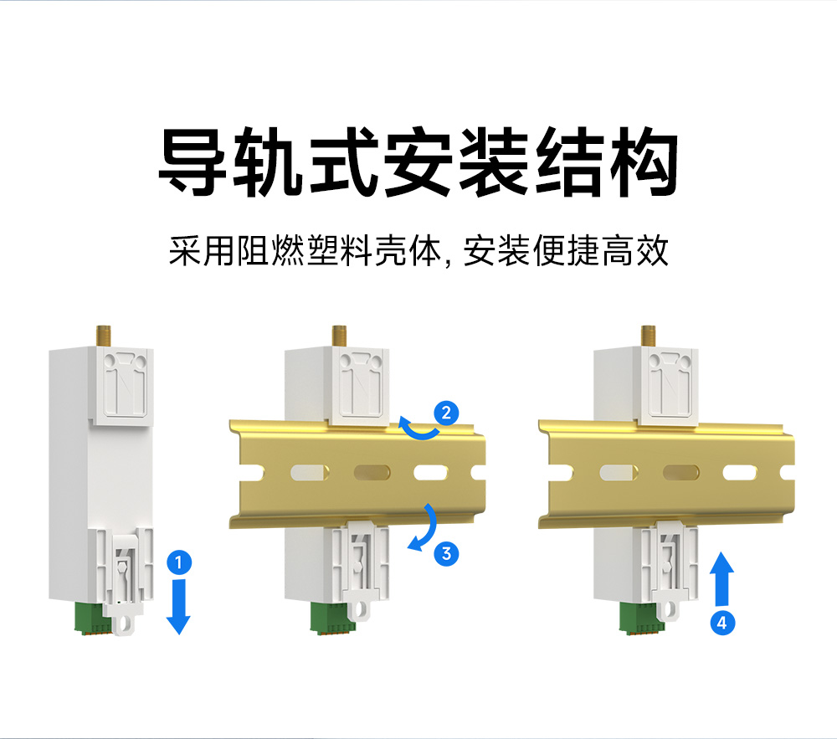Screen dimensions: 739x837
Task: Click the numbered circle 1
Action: pyautogui.click(x=177, y=562)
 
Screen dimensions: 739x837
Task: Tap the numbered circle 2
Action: pyautogui.click(x=446, y=412)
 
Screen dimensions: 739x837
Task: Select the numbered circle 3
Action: pyautogui.click(x=446, y=552)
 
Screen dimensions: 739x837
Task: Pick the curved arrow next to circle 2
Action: pyautogui.click(x=418, y=429)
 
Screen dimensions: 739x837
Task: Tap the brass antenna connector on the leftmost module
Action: pyautogui.click(x=106, y=335)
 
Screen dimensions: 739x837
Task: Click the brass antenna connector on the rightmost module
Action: pyautogui.click(x=648, y=335)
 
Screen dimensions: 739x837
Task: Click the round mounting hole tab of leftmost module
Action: pyautogui.click(x=126, y=624)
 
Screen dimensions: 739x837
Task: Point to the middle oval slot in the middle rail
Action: pyautogui.click(x=371, y=473)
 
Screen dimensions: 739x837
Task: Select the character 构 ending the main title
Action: pyautogui.click(x=644, y=162)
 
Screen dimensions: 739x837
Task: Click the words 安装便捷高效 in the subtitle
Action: pyautogui.click(x=567, y=251)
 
